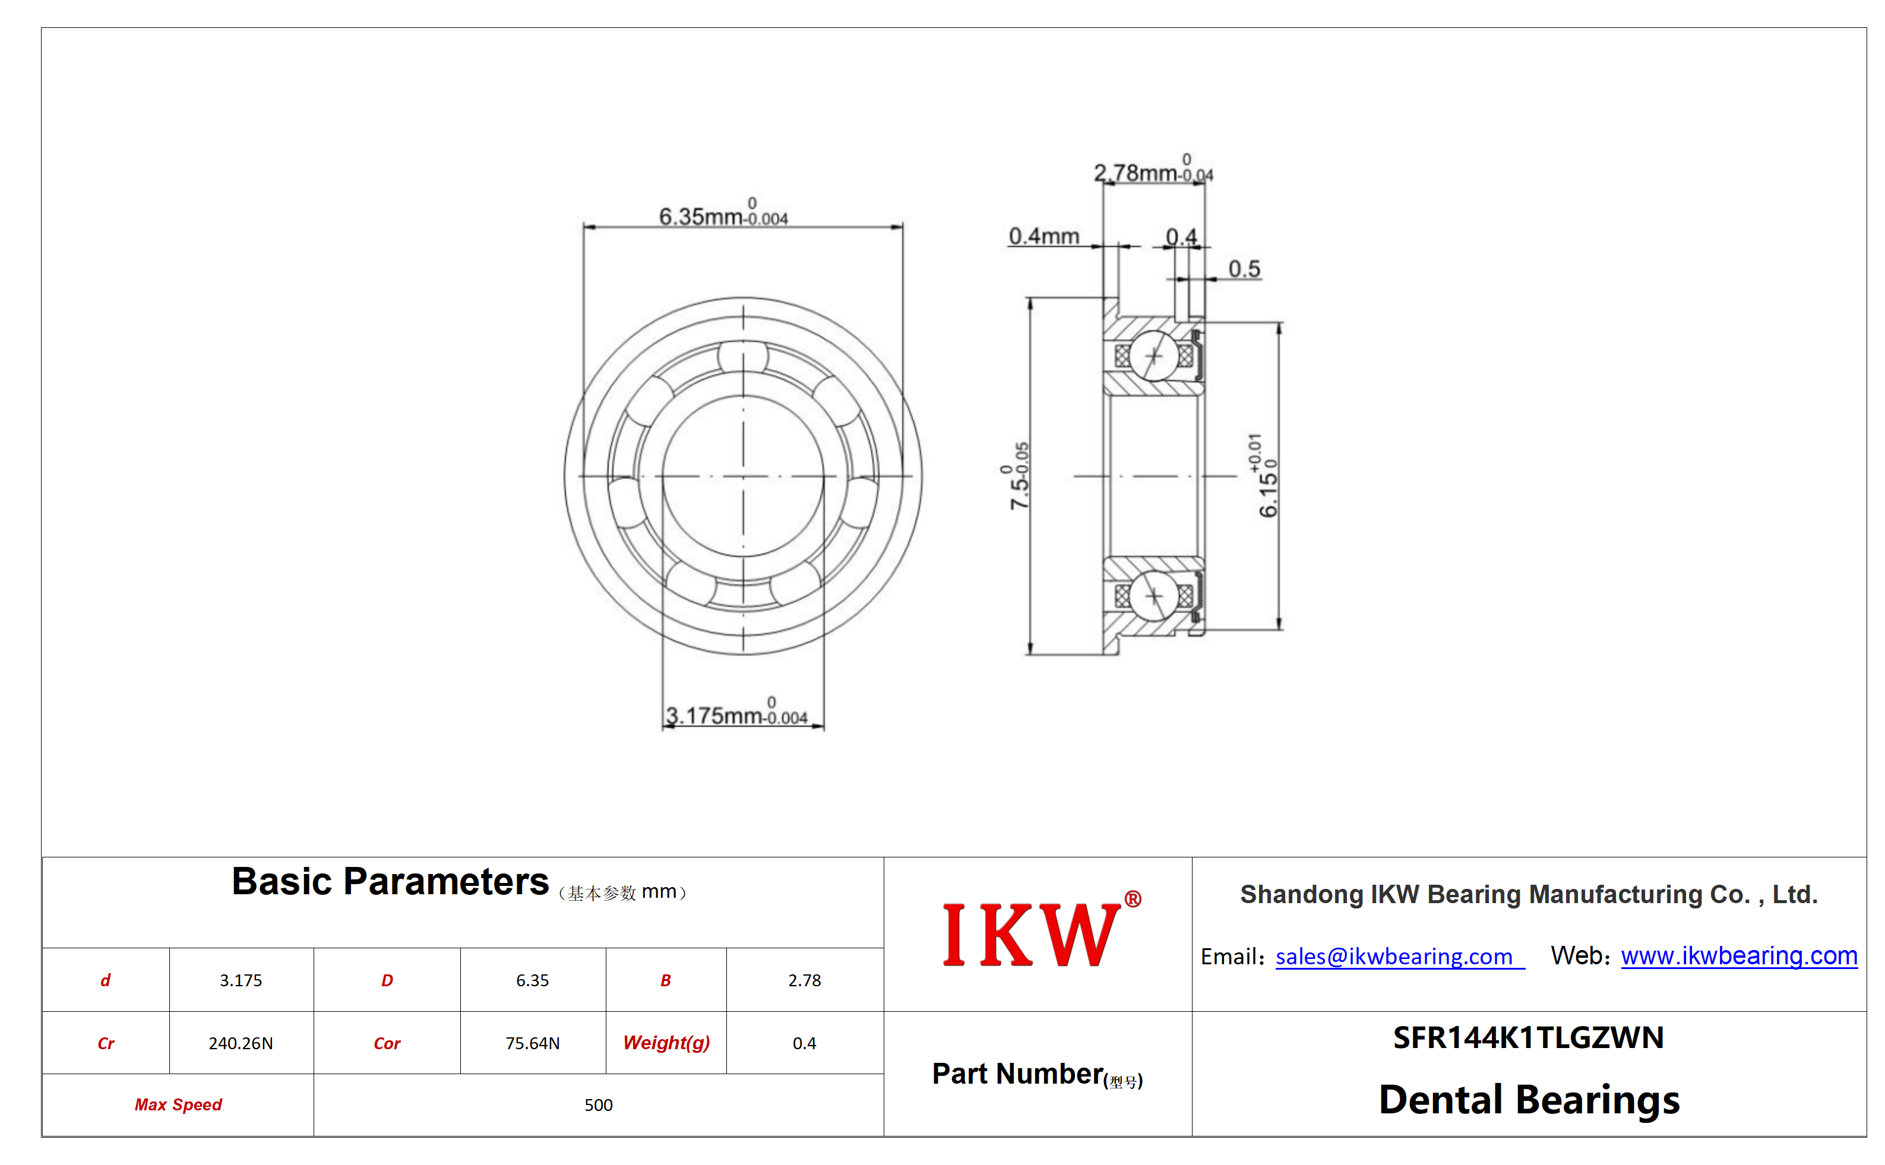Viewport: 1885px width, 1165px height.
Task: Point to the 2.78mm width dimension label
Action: coord(1153,169)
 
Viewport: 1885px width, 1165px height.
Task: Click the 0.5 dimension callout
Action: coord(1244,269)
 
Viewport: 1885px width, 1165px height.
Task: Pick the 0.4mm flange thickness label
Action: coord(1043,236)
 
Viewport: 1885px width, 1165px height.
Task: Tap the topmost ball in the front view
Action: coord(743,357)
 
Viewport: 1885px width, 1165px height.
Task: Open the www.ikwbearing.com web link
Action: coord(1738,955)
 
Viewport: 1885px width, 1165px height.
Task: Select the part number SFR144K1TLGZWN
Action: coord(1528,1038)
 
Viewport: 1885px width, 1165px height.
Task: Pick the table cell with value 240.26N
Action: coord(241,1043)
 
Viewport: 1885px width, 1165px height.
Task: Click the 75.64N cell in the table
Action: coord(533,1043)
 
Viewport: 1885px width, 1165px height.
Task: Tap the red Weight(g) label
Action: coord(666,1043)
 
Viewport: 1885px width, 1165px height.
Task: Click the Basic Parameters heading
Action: coord(390,881)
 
